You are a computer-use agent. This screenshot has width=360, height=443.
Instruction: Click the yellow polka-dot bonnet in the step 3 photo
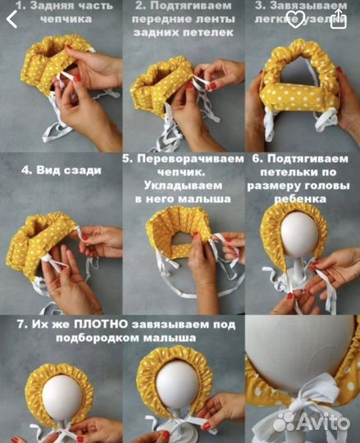click(303, 86)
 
